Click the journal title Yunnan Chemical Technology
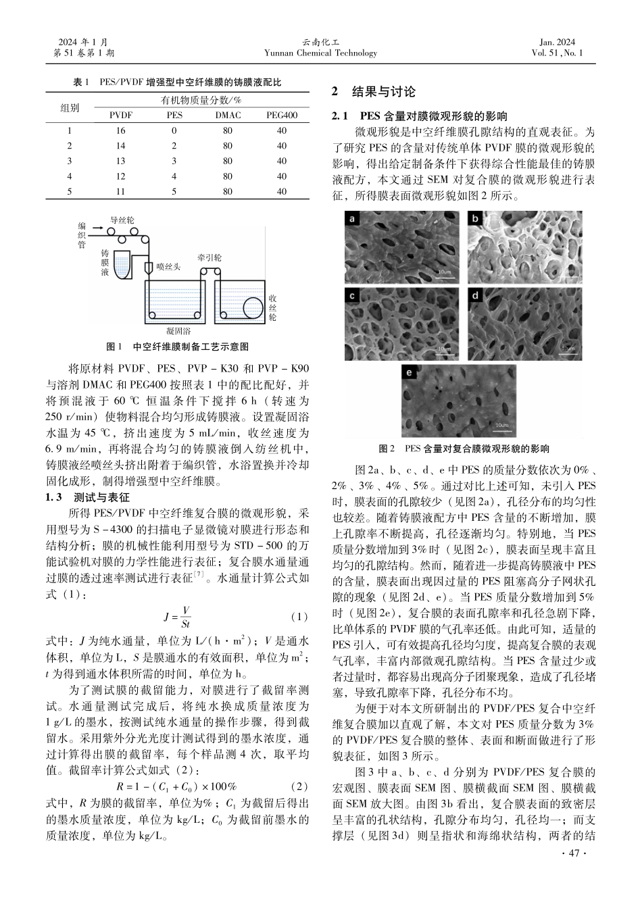click(x=320, y=53)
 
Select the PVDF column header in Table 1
click(x=121, y=116)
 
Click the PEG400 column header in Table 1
click(x=281, y=116)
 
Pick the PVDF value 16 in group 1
click(x=121, y=131)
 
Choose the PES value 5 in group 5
click(x=174, y=192)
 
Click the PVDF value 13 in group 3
click(x=121, y=161)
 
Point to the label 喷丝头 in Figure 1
click(x=168, y=267)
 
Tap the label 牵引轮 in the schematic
click(x=209, y=258)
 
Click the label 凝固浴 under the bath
click(x=178, y=332)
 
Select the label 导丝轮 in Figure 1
click(x=122, y=220)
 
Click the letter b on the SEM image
click(x=476, y=218)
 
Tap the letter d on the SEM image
click(x=476, y=295)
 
